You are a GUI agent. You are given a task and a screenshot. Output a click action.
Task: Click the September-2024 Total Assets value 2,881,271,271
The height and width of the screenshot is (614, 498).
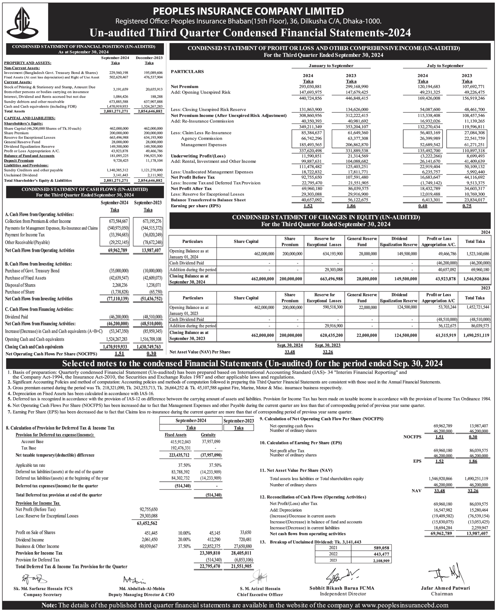[x=115, y=111]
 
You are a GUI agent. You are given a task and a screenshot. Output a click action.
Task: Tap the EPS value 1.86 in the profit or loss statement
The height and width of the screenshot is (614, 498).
[x=351, y=206]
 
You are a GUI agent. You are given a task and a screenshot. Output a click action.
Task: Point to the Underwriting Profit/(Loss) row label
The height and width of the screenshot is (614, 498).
[x=198, y=156]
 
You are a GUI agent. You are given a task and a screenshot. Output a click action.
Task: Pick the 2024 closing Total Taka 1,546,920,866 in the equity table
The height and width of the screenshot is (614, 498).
[x=475, y=279]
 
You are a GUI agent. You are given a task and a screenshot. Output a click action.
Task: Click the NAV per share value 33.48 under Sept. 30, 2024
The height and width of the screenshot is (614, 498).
[x=290, y=352]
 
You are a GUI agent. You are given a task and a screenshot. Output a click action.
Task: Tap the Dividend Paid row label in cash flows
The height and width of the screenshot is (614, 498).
[x=16, y=317]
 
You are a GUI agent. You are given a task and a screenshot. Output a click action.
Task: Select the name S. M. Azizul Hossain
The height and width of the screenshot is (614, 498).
[x=260, y=588]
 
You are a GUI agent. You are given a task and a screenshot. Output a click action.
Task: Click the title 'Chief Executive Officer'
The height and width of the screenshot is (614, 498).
[x=260, y=595]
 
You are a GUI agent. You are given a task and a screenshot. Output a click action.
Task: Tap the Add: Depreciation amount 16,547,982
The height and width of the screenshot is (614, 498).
[x=442, y=510]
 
